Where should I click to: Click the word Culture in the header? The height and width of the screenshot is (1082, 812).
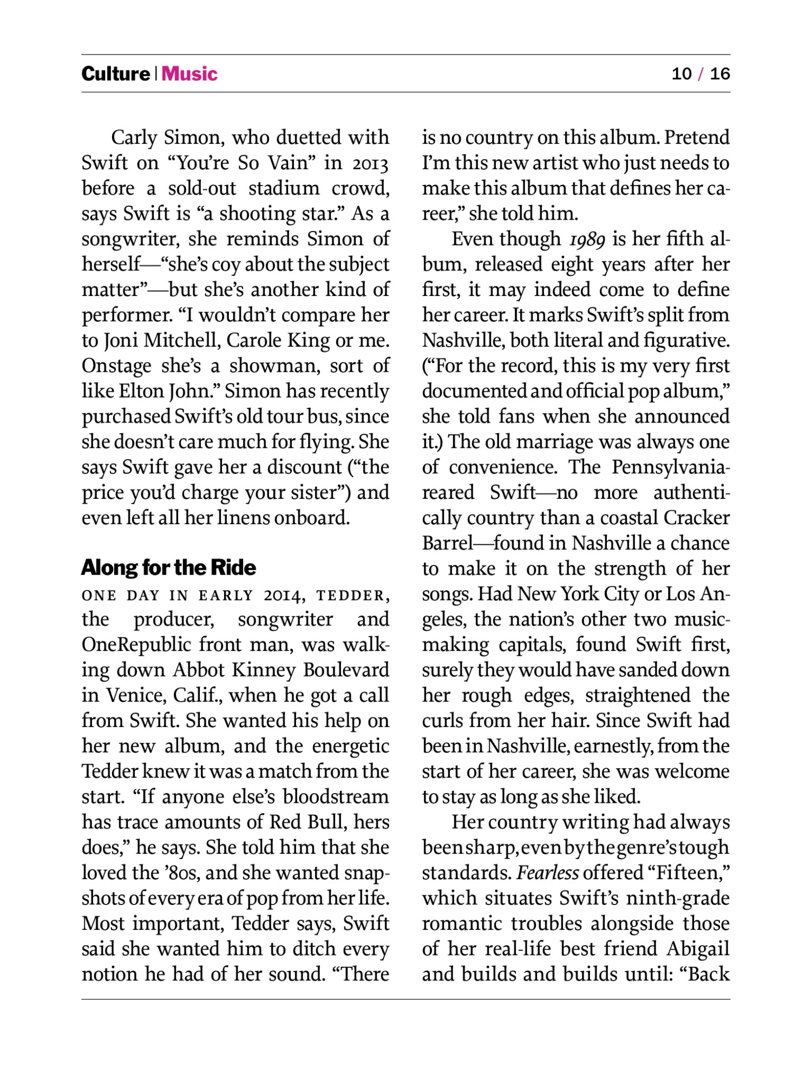115,74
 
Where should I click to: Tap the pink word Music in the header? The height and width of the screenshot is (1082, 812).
189,74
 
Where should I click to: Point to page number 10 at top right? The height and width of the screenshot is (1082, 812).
682,74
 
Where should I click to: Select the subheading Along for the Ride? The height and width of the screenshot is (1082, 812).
168,568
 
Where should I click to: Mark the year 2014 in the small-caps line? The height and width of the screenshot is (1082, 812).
284,596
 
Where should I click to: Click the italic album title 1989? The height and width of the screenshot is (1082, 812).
587,240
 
